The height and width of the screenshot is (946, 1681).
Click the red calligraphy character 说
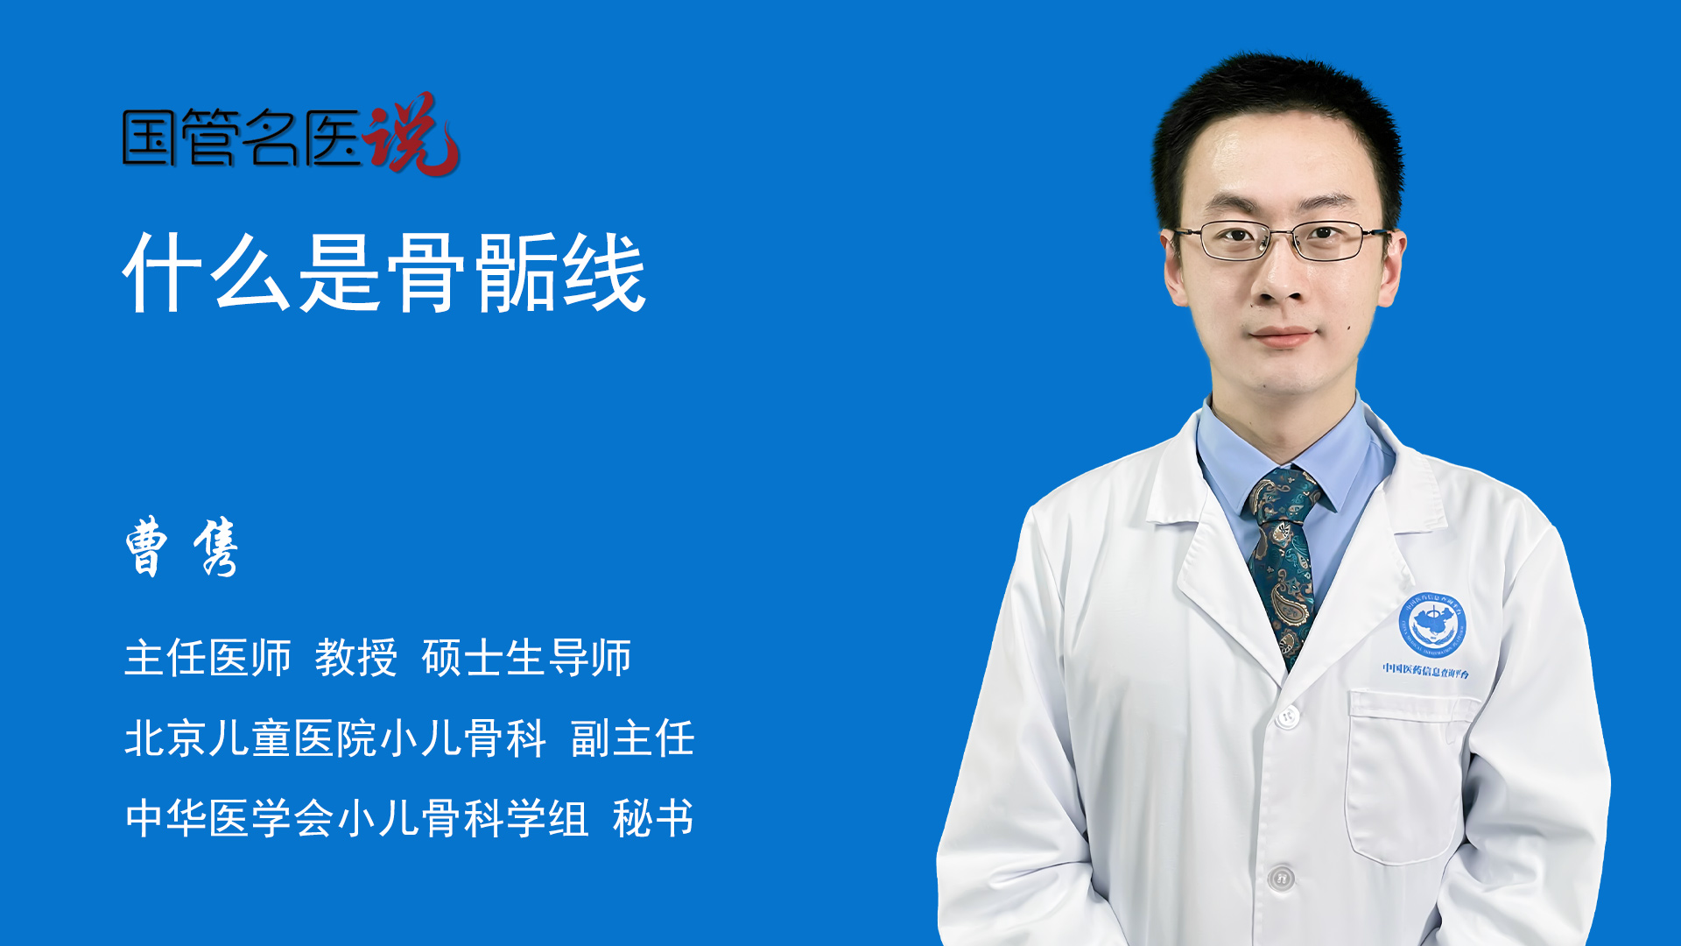point(411,134)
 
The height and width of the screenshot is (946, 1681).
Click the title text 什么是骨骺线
point(384,272)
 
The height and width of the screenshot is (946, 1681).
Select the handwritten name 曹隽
point(182,547)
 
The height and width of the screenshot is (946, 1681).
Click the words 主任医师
point(207,658)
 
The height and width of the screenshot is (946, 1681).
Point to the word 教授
point(356,658)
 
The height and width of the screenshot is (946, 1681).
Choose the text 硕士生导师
point(526,658)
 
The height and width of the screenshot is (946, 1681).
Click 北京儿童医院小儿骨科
point(335,738)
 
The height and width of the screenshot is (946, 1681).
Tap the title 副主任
point(632,738)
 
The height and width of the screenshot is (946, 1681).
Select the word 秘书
point(653,819)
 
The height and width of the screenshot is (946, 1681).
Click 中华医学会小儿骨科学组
point(356,819)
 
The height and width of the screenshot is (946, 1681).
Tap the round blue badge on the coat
point(1431,625)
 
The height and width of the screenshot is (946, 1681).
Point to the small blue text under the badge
point(1425,670)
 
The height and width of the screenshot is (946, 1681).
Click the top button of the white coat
point(1286,717)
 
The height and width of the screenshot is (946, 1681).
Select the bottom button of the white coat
point(1281,877)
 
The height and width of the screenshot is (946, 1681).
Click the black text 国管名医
point(242,138)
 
